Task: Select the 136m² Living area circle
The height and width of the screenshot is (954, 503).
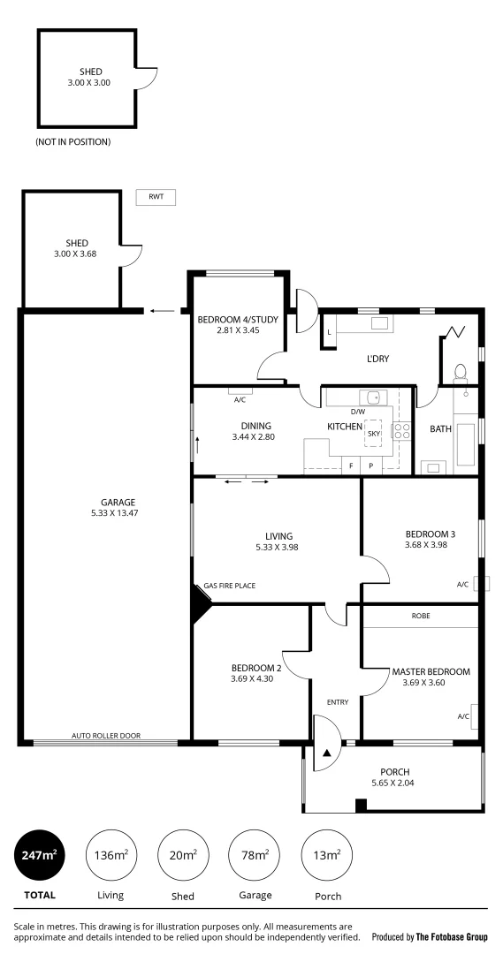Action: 110,855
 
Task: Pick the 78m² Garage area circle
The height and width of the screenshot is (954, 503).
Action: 254,855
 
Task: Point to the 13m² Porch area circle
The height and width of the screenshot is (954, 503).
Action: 326,855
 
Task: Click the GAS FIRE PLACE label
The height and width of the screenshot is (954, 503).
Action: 230,586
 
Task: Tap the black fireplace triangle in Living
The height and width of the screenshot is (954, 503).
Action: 200,608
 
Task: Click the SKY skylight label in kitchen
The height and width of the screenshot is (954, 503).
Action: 373,434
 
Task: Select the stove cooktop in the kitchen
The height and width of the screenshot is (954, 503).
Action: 401,432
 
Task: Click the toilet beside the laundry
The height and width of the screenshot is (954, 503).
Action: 460,372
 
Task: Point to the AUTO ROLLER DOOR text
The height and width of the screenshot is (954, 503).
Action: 106,736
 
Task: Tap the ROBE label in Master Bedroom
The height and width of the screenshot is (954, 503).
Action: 420,616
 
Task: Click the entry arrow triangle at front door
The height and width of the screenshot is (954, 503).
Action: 327,753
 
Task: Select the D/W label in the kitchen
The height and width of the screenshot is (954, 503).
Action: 358,412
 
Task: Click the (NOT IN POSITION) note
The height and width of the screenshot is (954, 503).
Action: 73,142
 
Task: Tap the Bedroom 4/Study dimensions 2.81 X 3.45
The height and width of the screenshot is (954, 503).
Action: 238,330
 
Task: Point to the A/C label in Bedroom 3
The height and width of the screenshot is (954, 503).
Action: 462,584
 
